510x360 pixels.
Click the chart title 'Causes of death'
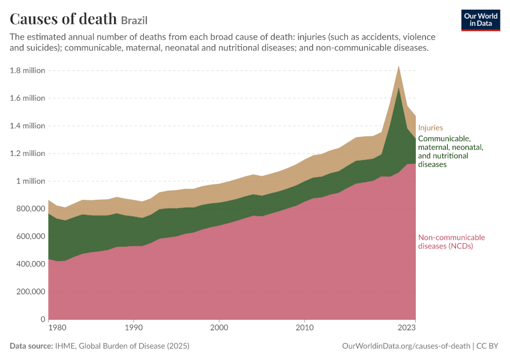click(63, 19)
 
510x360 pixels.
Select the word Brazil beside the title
click(134, 20)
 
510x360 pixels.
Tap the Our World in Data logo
click(481, 20)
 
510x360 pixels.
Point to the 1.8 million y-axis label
click(28, 70)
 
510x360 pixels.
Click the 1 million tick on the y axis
click(31, 181)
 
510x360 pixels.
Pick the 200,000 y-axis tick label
click(31, 292)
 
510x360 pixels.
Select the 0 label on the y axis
click(43, 319)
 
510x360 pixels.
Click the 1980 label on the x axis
click(57, 328)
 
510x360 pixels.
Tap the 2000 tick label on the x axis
click(219, 328)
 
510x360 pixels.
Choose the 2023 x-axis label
click(407, 328)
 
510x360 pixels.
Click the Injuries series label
click(430, 127)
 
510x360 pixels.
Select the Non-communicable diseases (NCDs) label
click(451, 242)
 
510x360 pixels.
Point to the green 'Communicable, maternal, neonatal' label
click(451, 151)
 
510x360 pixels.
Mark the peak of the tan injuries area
click(398, 66)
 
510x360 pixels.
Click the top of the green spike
click(398, 88)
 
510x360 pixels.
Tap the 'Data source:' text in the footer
click(31, 346)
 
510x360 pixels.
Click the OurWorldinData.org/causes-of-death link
click(406, 346)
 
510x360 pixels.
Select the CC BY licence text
click(487, 346)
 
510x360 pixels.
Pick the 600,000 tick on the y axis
click(31, 236)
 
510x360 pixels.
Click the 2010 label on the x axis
click(304, 328)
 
